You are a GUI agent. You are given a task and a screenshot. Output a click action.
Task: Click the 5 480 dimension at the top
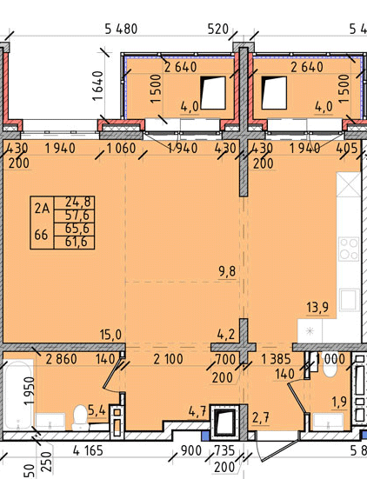click(121, 29)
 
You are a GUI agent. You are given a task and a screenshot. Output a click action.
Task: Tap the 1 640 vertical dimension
click(97, 86)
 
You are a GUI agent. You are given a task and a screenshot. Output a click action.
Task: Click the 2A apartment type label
click(42, 209)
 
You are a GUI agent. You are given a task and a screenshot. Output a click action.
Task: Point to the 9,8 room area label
click(227, 271)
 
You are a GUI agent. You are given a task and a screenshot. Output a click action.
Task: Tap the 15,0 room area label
click(110, 335)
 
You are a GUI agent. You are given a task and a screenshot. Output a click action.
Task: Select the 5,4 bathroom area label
click(97, 410)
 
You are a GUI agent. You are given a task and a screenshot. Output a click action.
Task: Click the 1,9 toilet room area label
click(339, 402)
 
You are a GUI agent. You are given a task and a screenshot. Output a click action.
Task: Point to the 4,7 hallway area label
click(198, 411)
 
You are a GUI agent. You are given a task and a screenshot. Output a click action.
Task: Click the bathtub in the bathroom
click(18, 395)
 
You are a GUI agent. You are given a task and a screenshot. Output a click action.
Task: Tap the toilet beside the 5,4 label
click(80, 417)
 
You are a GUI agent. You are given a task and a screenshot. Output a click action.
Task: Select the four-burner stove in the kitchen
click(350, 249)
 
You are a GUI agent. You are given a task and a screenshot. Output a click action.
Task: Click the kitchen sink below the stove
click(349, 299)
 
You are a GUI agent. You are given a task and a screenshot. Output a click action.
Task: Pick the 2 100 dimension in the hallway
click(168, 359)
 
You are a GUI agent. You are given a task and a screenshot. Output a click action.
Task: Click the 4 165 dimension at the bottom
click(88, 450)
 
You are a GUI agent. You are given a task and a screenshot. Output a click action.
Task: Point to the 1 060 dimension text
click(121, 149)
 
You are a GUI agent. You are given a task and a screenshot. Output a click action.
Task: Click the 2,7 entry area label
click(261, 417)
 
